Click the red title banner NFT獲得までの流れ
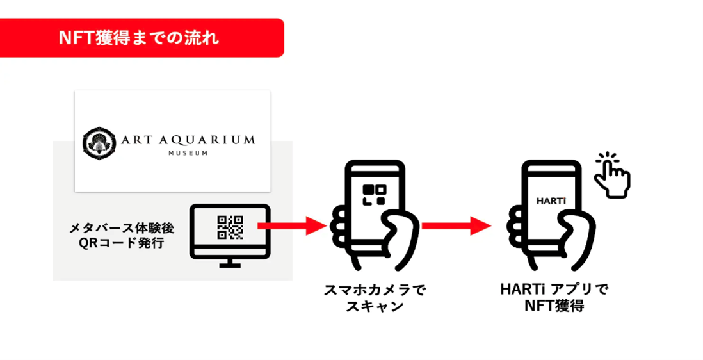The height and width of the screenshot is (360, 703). (141, 38)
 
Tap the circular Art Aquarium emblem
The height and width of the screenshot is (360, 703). (99, 142)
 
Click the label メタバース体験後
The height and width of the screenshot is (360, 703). (122, 228)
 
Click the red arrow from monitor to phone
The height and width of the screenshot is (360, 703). (291, 225)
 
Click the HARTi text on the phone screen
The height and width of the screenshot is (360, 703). (550, 200)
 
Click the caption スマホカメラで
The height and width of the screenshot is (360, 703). (375, 290)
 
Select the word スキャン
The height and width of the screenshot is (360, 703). (375, 306)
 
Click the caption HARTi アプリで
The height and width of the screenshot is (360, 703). (554, 290)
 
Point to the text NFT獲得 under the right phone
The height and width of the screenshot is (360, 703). (554, 306)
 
